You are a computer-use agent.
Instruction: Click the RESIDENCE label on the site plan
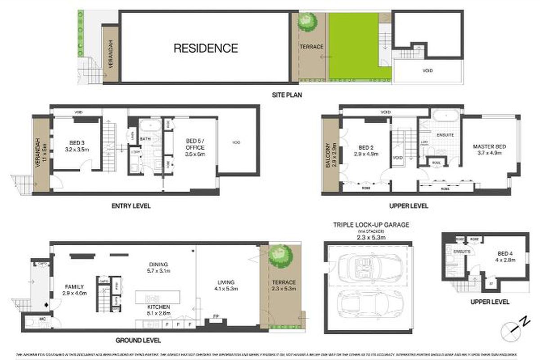coord(206,48)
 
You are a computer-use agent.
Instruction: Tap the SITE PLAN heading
coord(286,95)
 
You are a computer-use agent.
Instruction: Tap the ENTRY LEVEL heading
coord(131,206)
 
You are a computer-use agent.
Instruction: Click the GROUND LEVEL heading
coord(139,341)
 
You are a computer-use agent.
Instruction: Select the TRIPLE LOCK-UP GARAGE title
coord(371,225)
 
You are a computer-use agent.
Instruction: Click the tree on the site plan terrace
coord(308,21)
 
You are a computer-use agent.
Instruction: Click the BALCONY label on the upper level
coord(328,155)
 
